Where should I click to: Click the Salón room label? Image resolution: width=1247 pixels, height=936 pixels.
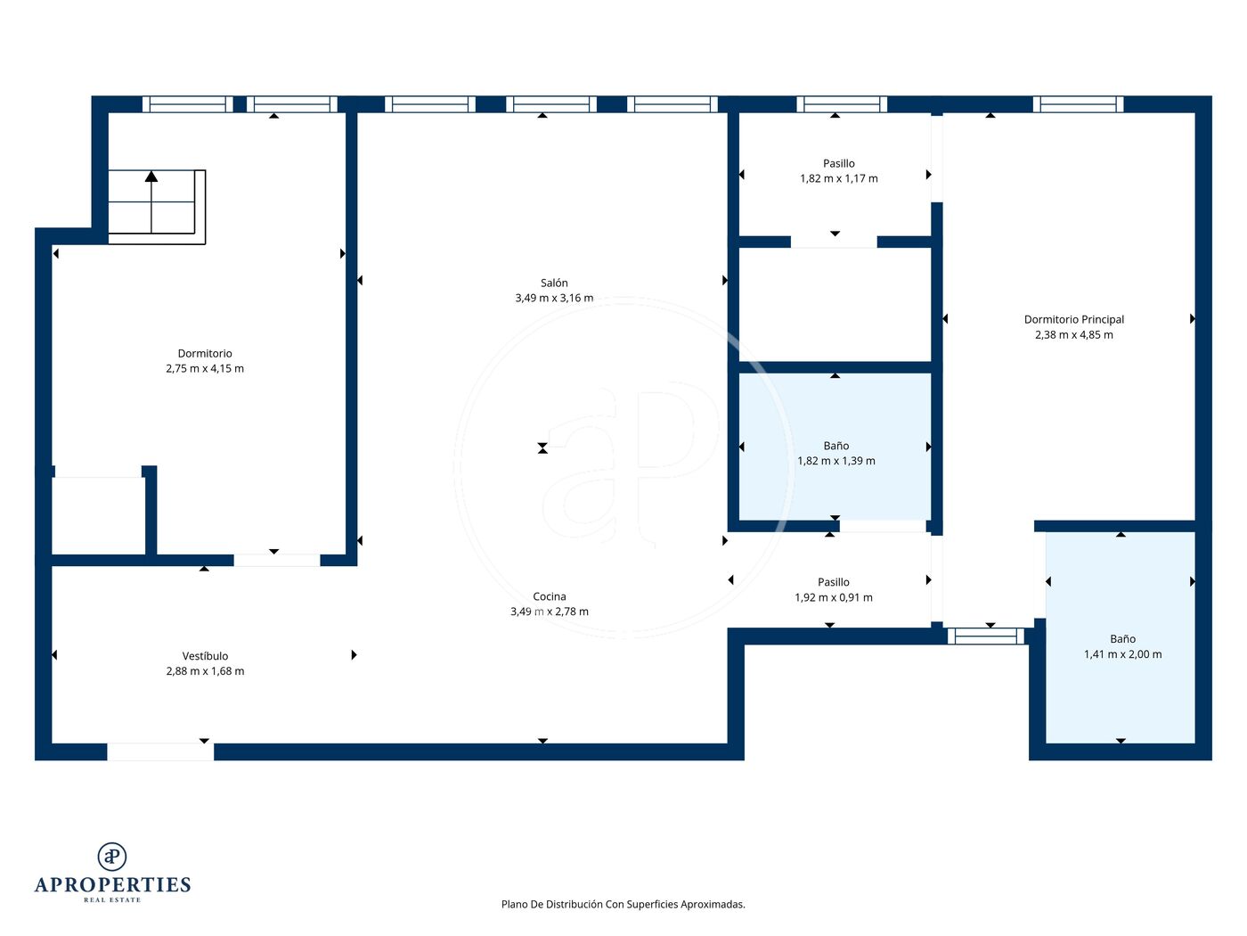[x=553, y=283]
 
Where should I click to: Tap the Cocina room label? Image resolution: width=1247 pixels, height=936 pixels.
[x=549, y=596]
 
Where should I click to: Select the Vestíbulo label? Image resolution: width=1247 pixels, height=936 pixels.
[x=205, y=656]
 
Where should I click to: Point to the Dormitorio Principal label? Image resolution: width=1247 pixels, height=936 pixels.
[x=1073, y=319]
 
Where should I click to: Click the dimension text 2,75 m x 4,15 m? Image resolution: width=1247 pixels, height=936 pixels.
[x=205, y=368]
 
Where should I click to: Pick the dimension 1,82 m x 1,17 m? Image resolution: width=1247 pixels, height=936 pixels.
[x=838, y=178]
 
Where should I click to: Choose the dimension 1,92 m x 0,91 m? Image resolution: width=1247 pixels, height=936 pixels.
[x=834, y=597]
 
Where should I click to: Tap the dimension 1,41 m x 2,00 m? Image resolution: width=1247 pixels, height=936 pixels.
[x=1122, y=654]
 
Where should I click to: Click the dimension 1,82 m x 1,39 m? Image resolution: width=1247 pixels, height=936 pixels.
[x=836, y=461]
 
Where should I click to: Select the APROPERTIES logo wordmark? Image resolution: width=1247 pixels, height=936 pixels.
[x=112, y=885]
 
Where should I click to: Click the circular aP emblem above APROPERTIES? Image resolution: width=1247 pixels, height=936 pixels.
[x=112, y=857]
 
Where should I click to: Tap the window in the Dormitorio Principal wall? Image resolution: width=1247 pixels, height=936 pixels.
[x=1078, y=104]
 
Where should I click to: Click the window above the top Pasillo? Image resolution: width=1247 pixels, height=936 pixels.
[x=842, y=104]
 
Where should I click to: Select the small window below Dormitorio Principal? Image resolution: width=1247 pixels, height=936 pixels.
[x=986, y=636]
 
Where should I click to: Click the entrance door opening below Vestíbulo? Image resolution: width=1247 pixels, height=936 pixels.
[x=160, y=751]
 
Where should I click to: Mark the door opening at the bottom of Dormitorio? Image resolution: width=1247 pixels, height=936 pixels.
[x=277, y=561]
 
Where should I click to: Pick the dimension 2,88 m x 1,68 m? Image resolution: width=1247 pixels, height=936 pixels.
[x=205, y=671]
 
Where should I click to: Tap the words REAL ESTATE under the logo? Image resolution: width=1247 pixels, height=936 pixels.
[x=112, y=900]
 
